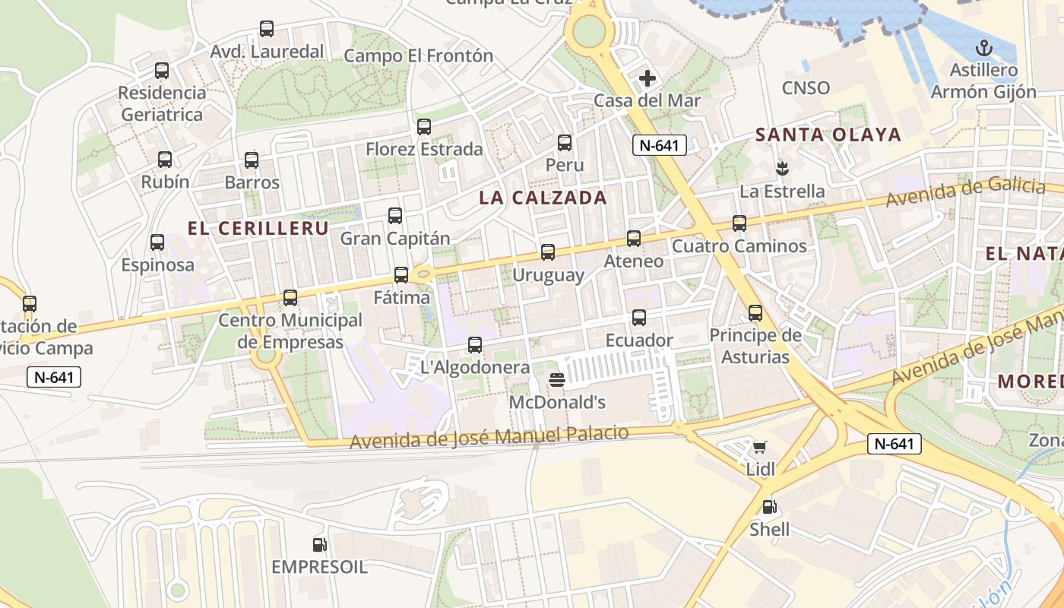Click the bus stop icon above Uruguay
[x=547, y=252]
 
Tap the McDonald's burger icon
[x=557, y=378]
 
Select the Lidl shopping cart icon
[x=760, y=447]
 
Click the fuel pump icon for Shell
[x=769, y=507]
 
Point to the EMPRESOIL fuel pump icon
[x=319, y=544]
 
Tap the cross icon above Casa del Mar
[x=648, y=78]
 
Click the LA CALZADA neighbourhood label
[x=543, y=198]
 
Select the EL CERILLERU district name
[x=258, y=229]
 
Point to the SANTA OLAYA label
[x=828, y=135]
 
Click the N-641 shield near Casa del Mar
[x=660, y=145]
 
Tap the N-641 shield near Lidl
[x=895, y=444]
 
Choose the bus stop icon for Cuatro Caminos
[x=739, y=223]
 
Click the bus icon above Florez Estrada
[x=424, y=127]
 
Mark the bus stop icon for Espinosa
[x=157, y=242]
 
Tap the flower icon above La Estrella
[x=781, y=167]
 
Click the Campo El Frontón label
[x=418, y=55]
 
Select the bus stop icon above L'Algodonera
[x=475, y=345]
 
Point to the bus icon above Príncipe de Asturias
[x=755, y=313]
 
